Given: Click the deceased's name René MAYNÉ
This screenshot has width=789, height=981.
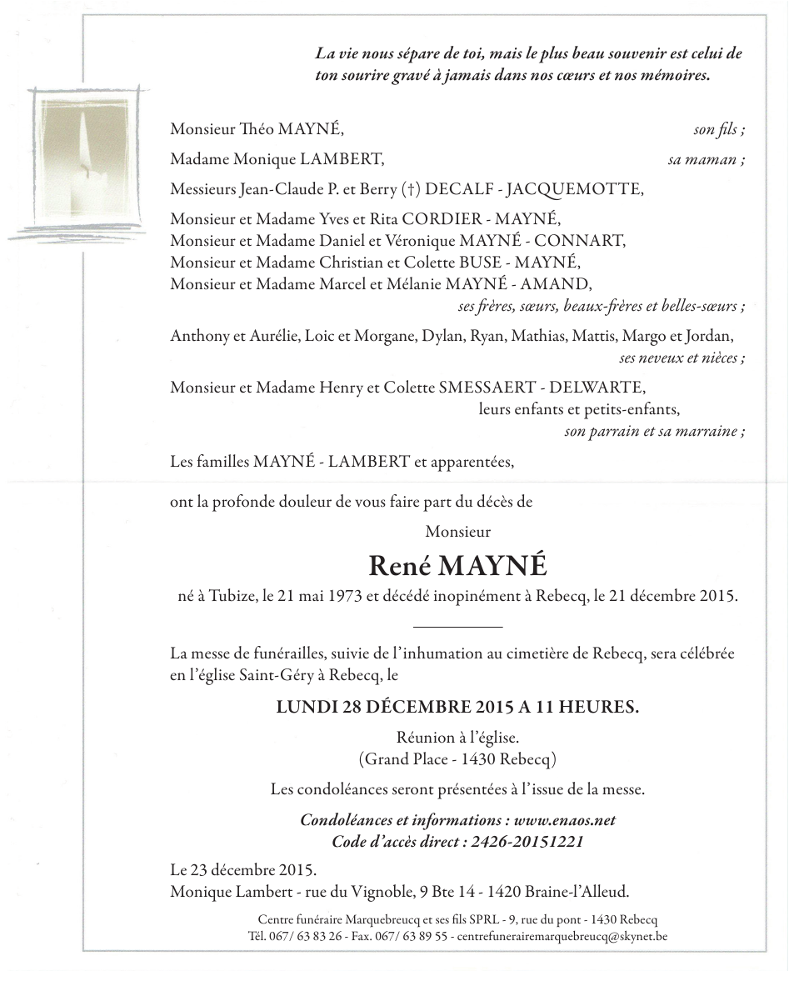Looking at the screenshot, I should (x=457, y=566).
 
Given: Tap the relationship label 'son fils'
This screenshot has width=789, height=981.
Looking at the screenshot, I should (x=718, y=129).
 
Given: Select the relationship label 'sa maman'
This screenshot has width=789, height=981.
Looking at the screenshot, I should (x=706, y=159).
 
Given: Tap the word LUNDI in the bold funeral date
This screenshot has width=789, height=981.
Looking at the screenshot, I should (x=306, y=708).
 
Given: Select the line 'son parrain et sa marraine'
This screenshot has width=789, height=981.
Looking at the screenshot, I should (x=654, y=432).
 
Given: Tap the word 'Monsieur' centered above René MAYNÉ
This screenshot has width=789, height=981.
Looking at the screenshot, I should (x=457, y=531).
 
